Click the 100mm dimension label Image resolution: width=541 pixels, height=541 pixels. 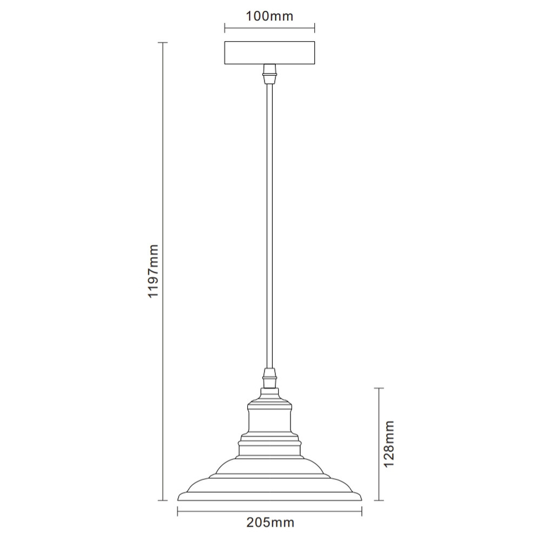point(269,16)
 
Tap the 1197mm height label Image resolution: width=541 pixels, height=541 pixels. point(153,271)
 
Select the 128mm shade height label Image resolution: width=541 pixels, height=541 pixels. point(389,444)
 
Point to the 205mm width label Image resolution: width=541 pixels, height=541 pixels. point(270,523)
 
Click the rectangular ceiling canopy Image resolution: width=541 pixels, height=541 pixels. point(269,53)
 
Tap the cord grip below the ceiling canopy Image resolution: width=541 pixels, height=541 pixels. point(269,74)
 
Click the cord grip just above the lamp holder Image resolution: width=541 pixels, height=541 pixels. point(269,378)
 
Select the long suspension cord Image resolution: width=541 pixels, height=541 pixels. point(269,226)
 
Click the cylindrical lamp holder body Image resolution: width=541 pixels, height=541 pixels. point(269,419)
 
